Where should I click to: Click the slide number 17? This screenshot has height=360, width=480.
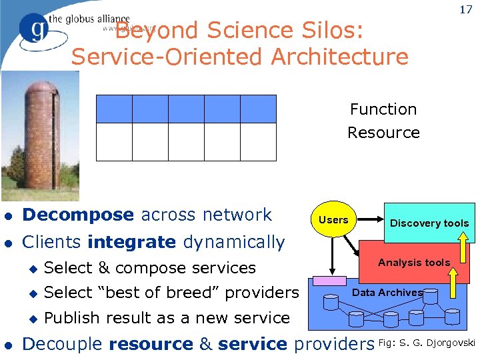pos(465,11)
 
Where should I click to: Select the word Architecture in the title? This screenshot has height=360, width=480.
pos(340,57)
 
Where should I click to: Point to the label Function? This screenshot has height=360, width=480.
pos(383,109)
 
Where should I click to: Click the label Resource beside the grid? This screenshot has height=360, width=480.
pos(383,133)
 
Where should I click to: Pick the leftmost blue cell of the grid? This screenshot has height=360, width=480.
pos(114,109)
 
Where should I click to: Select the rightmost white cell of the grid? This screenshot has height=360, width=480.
pos(258,142)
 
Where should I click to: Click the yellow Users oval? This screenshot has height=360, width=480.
pos(333,220)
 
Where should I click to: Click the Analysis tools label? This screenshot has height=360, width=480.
pos(414,263)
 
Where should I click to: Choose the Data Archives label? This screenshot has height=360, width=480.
pos(387,293)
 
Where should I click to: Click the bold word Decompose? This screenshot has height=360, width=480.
pos(78,215)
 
